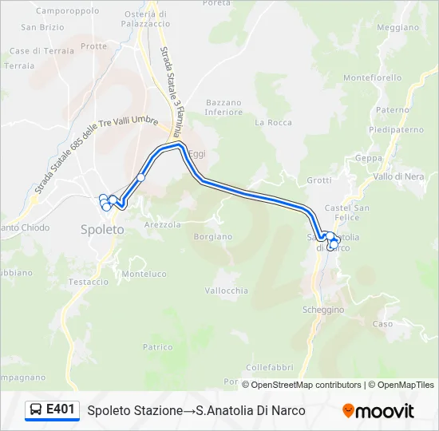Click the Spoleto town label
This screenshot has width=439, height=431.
point(102,229)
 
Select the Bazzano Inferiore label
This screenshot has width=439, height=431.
point(223,107)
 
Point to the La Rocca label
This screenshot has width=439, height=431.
point(273,123)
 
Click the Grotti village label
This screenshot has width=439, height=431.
point(318,180)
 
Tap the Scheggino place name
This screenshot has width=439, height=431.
point(323,309)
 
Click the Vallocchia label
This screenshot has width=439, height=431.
point(227,291)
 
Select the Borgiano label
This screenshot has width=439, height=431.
point(213,236)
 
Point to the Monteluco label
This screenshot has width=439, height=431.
point(144,274)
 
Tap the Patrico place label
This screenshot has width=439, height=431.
point(157,346)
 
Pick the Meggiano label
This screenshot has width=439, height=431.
point(397,27)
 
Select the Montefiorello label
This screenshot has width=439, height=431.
point(373,77)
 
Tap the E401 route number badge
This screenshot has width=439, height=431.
point(61,409)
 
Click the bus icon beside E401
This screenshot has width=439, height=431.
point(36,410)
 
